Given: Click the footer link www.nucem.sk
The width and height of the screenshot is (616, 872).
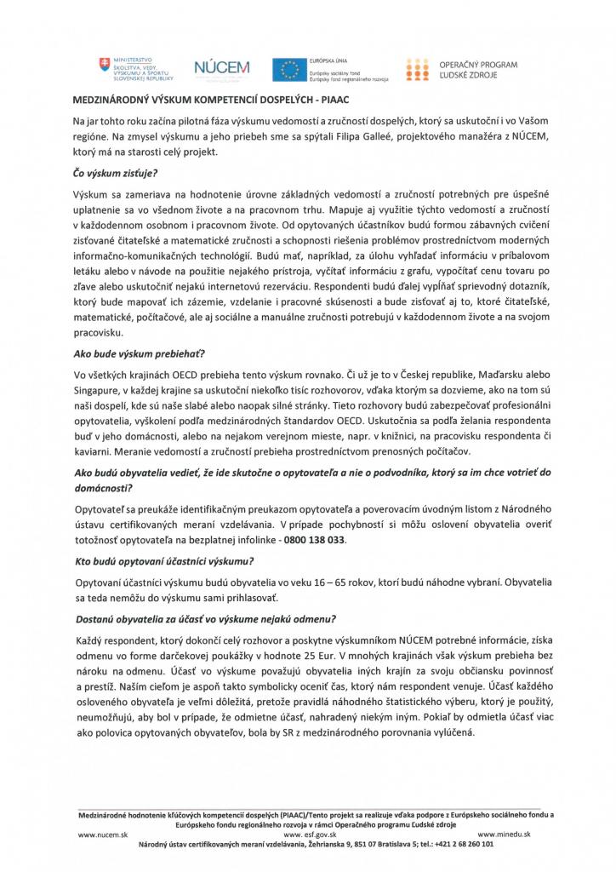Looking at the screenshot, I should point(102,835).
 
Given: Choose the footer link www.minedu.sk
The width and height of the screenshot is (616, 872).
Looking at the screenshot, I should point(505,835).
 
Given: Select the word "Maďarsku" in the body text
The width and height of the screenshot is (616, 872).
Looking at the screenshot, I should point(480,373).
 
